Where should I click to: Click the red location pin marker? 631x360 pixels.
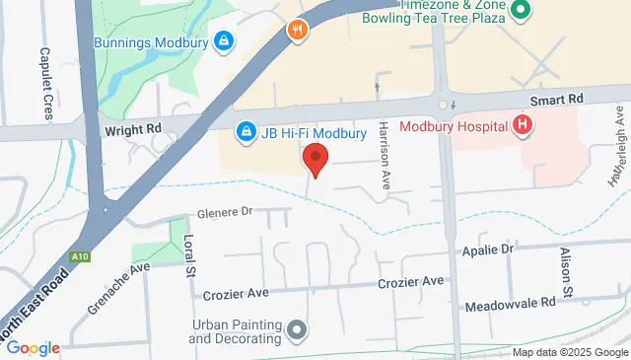coord(315,158)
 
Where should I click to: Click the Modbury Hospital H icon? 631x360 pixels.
coord(523,125)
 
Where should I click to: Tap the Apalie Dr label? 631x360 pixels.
coord(489,251)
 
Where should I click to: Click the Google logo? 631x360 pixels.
coord(32,347)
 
